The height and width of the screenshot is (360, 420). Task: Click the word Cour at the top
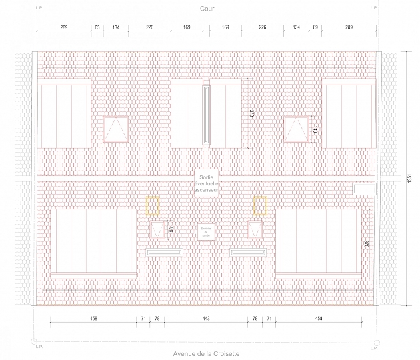(206, 9)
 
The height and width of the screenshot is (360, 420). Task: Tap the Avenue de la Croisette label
(205, 354)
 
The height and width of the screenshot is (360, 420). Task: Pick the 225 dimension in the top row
(150, 28)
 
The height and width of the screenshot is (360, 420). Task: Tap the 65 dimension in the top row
(97, 28)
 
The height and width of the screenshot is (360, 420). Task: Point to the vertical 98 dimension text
(171, 230)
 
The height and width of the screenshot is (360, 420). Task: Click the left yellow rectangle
(153, 206)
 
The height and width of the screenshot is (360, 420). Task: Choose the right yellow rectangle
(260, 206)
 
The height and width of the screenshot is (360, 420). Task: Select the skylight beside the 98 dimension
(158, 230)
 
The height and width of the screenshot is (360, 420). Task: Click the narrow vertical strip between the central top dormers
(206, 113)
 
